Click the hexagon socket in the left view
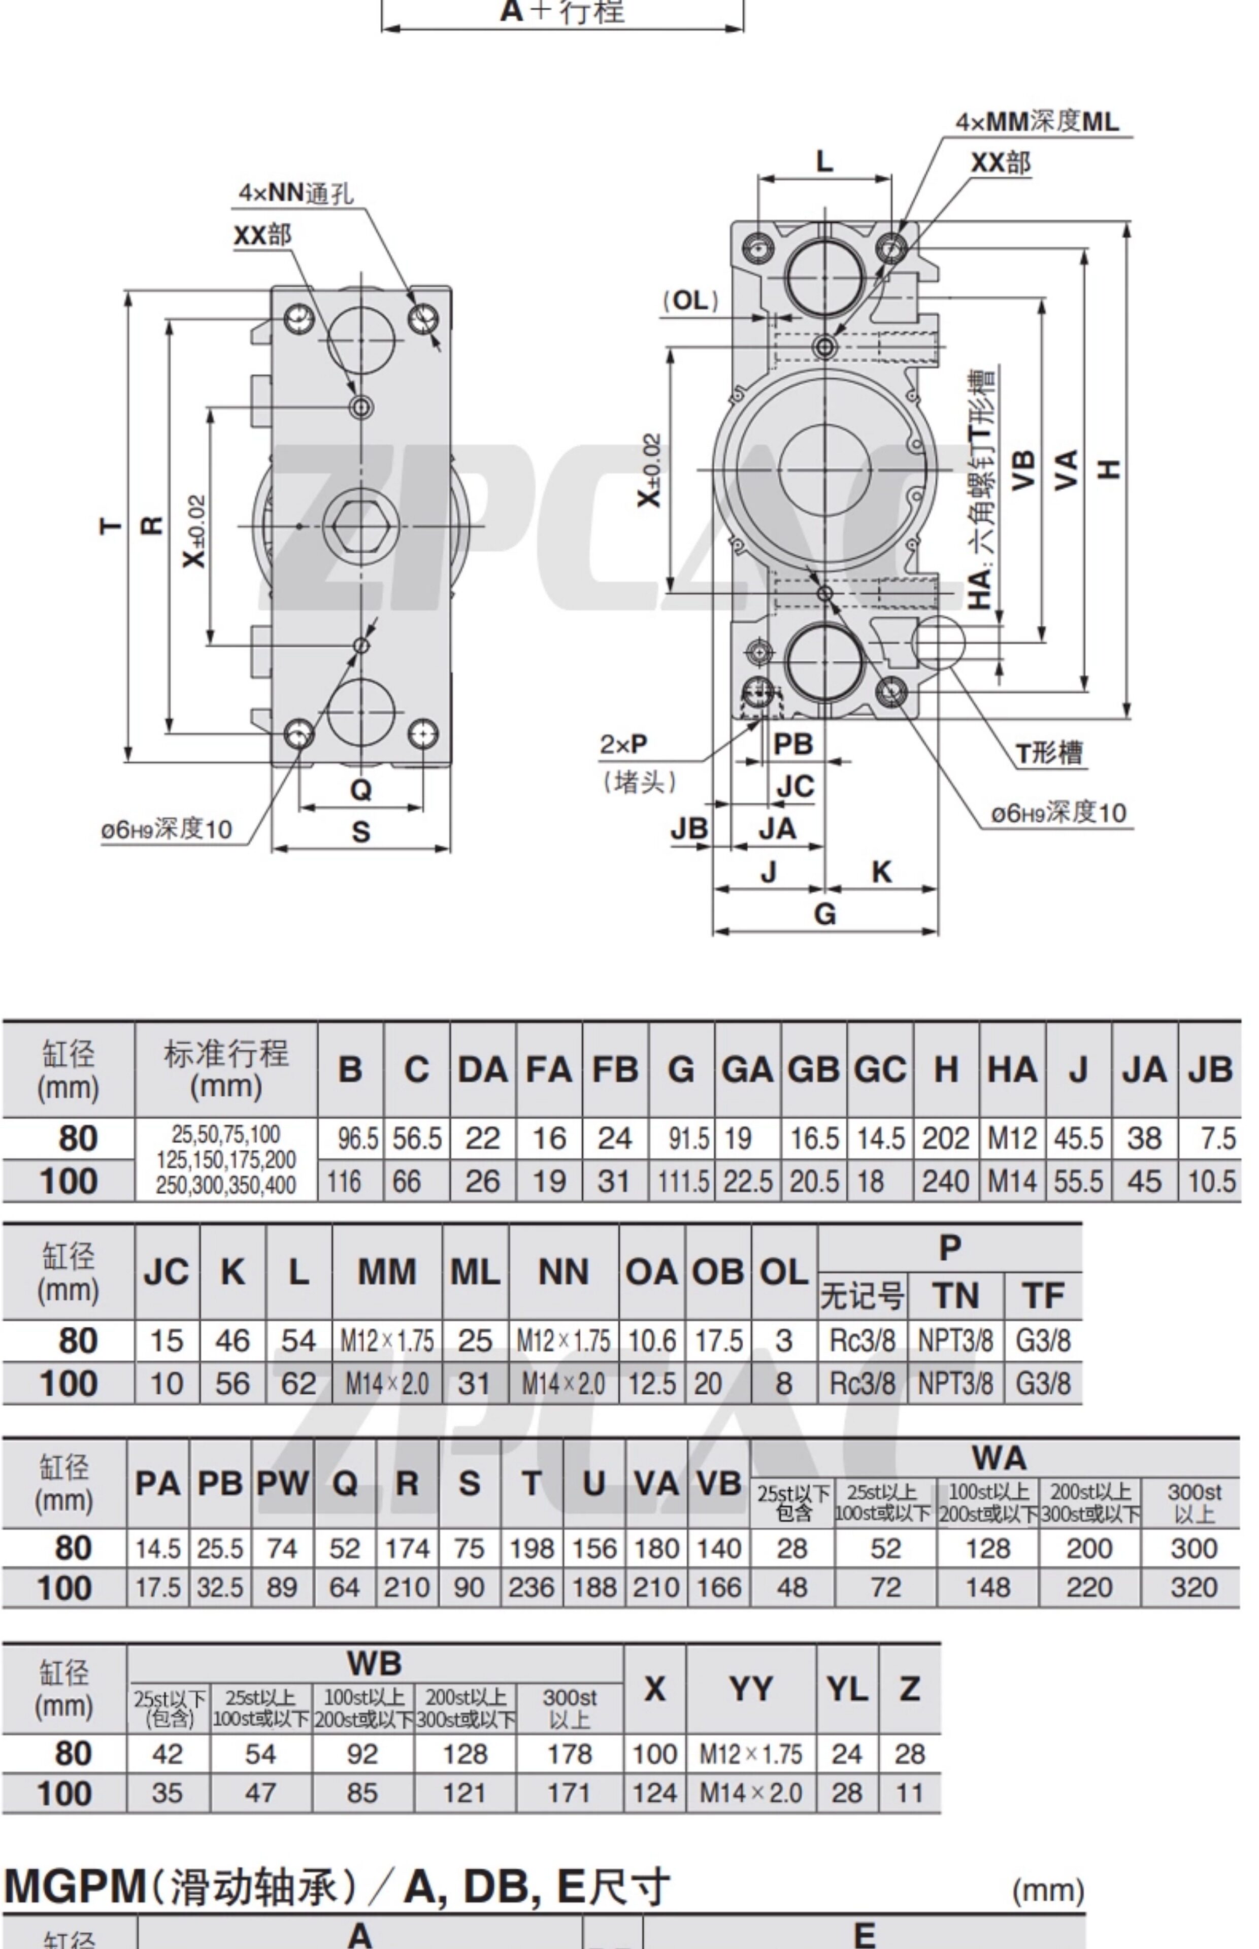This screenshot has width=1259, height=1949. (x=360, y=525)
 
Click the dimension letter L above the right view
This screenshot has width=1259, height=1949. (x=825, y=161)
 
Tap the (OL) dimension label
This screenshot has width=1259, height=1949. (x=691, y=301)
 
